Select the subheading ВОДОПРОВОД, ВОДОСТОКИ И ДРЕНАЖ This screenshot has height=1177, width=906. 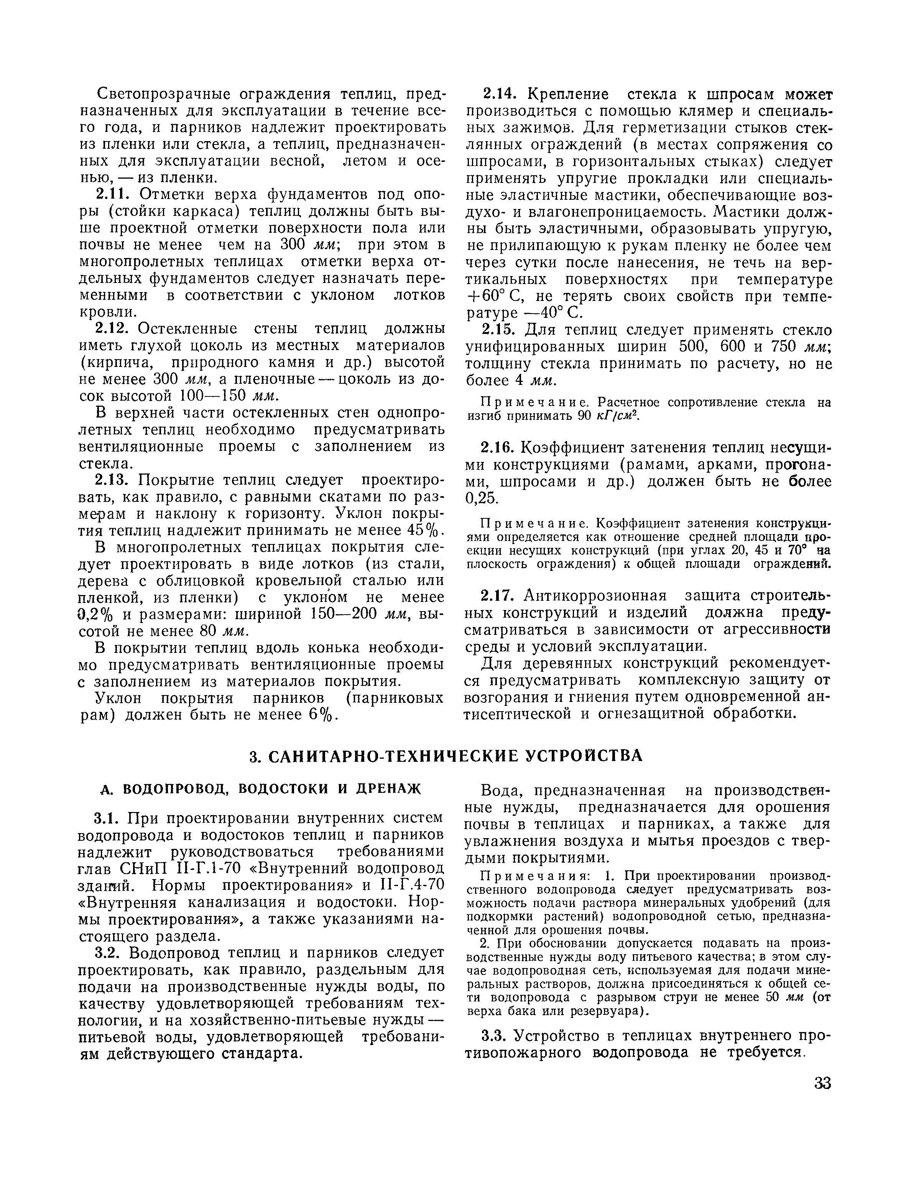pos(260,789)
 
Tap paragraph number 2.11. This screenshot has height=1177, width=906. pos(114,194)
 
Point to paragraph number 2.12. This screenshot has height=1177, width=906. pos(114,328)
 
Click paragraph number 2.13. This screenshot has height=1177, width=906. pos(114,480)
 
